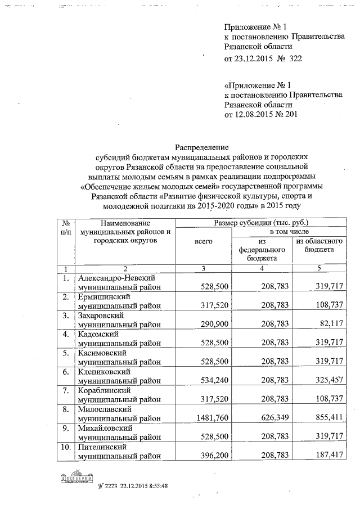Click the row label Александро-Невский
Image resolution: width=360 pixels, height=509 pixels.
pyautogui.click(x=116, y=278)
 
